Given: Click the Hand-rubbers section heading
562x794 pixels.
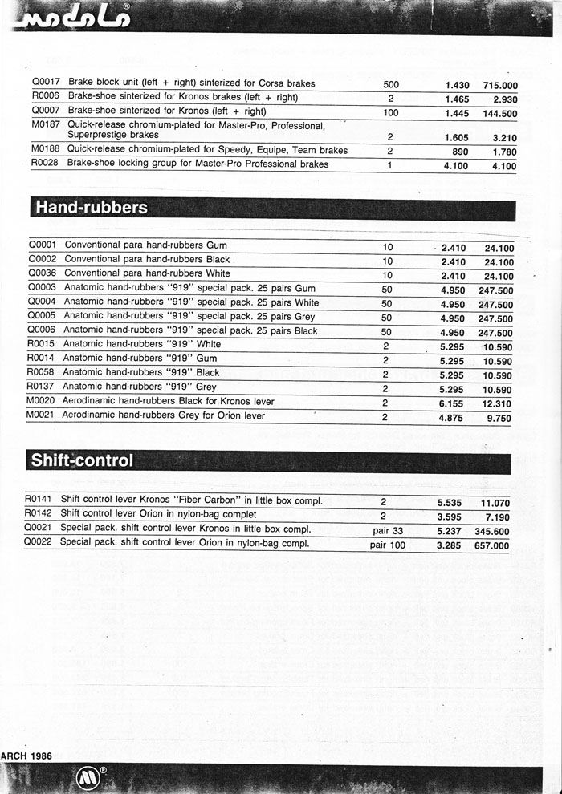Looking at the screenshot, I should (x=90, y=208).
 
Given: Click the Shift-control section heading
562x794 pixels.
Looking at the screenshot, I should (x=81, y=460).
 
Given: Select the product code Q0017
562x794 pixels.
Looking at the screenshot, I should (x=44, y=83).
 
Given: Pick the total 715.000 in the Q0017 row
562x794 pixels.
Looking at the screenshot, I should (x=499, y=85).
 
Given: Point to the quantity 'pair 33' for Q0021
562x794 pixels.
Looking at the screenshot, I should (x=388, y=530).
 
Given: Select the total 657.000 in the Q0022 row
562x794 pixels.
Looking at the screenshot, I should (x=491, y=545).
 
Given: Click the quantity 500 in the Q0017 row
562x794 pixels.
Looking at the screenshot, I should (x=391, y=84).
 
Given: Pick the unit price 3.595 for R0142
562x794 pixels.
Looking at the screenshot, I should (x=451, y=517).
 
